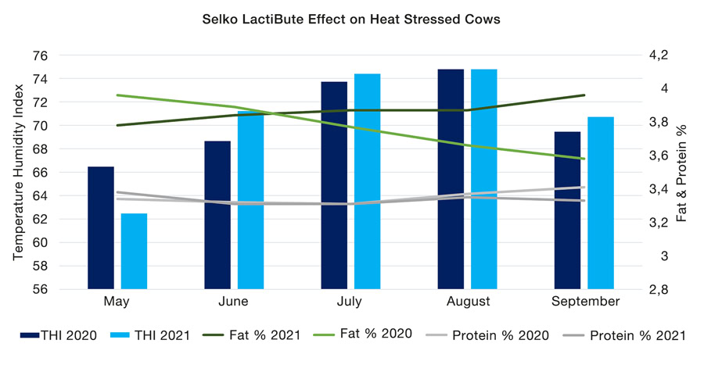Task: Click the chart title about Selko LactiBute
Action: tap(351, 17)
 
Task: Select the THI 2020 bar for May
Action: tap(101, 227)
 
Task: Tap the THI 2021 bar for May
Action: tap(134, 251)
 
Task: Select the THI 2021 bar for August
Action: tap(484, 179)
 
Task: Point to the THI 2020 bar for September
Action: tap(567, 210)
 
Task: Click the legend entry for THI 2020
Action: tap(59, 335)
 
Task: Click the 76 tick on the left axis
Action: tap(63, 56)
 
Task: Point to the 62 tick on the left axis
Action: tap(63, 220)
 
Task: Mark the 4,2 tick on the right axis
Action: tap(659, 55)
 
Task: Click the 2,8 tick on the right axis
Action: tap(659, 289)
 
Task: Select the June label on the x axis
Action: tap(234, 302)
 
